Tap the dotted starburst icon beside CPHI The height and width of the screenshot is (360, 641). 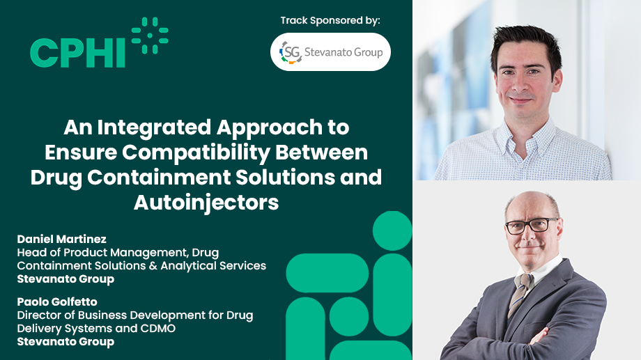coord(150,36)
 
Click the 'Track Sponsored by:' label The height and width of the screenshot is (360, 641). coord(330,20)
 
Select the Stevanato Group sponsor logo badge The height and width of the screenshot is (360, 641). coord(330,52)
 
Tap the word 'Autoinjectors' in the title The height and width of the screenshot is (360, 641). coord(206,202)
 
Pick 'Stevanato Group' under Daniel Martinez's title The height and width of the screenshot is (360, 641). coord(65,279)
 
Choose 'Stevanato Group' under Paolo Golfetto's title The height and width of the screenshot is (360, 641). coord(65,342)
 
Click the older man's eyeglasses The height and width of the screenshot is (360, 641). coord(532,226)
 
